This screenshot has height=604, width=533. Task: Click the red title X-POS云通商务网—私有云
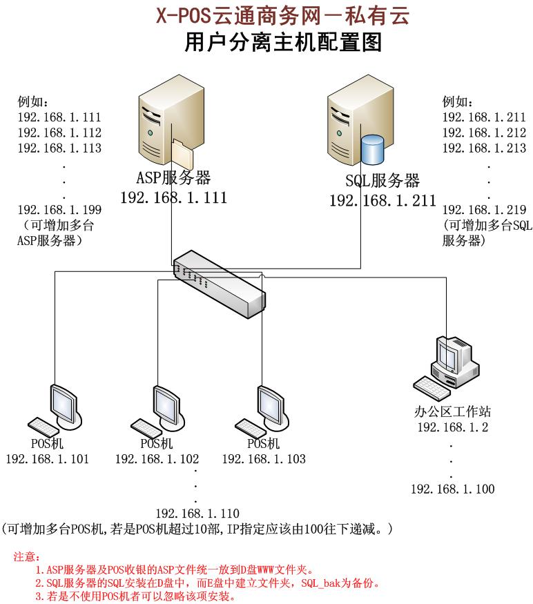click(x=283, y=14)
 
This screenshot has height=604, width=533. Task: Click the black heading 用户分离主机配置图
click(x=283, y=43)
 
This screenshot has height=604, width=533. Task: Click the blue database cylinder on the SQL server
click(x=372, y=150)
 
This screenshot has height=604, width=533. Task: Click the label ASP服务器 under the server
click(x=173, y=178)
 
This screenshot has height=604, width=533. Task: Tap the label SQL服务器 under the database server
click(x=382, y=181)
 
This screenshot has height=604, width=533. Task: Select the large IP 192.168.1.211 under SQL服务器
click(x=382, y=201)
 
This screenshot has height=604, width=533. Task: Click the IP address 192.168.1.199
click(x=59, y=210)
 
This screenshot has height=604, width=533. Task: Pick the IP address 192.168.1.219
click(x=484, y=210)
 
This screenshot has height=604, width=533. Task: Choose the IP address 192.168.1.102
click(x=157, y=459)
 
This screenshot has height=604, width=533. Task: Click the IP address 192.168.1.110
click(x=197, y=513)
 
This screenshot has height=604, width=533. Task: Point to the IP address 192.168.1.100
click(x=452, y=489)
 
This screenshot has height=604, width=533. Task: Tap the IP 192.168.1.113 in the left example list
click(x=59, y=148)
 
